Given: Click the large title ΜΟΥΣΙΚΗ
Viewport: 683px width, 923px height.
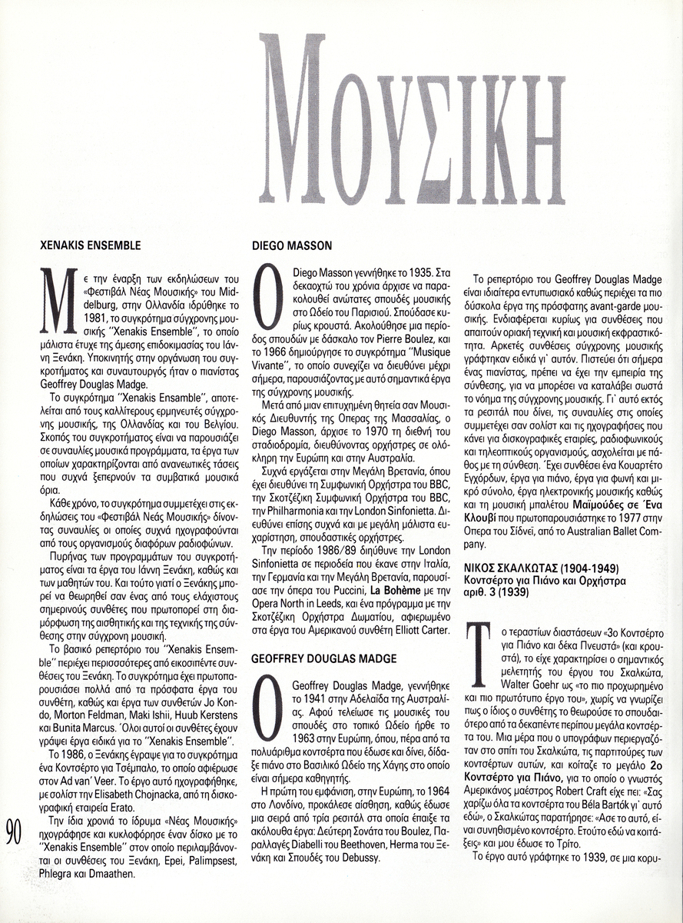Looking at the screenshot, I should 412,119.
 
